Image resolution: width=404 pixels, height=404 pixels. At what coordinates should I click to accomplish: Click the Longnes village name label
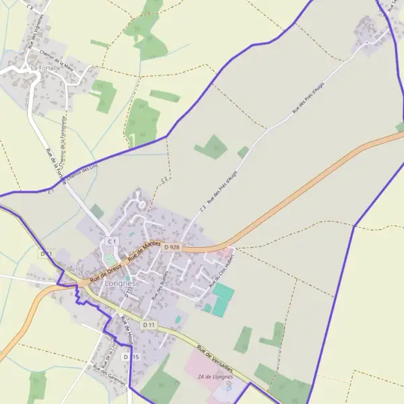[121, 283]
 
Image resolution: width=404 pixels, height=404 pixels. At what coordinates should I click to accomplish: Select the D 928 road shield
[172, 247]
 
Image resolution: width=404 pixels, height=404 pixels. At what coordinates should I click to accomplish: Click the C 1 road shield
[111, 241]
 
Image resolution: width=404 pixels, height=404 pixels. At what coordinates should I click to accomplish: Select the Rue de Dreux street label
[104, 271]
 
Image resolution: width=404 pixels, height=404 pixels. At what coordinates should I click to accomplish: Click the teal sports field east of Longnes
[223, 294]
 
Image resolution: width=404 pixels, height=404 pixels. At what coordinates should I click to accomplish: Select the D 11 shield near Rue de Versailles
[149, 325]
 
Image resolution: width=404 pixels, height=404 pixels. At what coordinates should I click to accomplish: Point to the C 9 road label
[29, 5]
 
